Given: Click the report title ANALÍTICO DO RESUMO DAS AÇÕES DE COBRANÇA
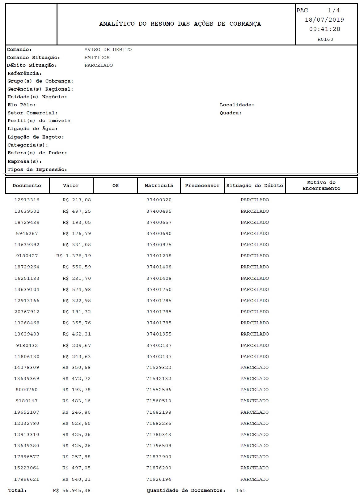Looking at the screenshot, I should pos(180,24).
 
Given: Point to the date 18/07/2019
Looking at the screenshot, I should pos(324,20).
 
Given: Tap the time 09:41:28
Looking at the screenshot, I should pos(324,29).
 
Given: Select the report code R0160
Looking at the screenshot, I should pos(325,39).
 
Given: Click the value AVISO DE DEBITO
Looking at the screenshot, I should pos(108,49).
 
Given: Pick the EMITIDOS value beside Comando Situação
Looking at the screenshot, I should pos(97,58).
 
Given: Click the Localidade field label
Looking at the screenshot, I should pos(237,105).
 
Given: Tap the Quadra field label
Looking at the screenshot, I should pos(231,113).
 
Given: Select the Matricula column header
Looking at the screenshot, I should pos(159,186).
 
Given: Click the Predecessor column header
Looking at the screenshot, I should pos(202,186).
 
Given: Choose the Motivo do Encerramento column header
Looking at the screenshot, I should pos(321,186).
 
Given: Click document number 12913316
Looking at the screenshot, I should pos(27,200).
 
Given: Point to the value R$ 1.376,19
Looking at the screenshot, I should pos(74,256).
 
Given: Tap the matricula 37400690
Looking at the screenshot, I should pos(159,233).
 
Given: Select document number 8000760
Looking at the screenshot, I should pos(27,390).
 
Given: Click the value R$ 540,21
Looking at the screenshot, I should pos(76,479).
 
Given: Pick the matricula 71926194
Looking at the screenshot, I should pos(159,479).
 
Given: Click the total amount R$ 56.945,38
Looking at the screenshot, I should pos(71,490).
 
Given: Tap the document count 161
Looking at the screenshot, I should pos(240,490).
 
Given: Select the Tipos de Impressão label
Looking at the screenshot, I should pos(37,169).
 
